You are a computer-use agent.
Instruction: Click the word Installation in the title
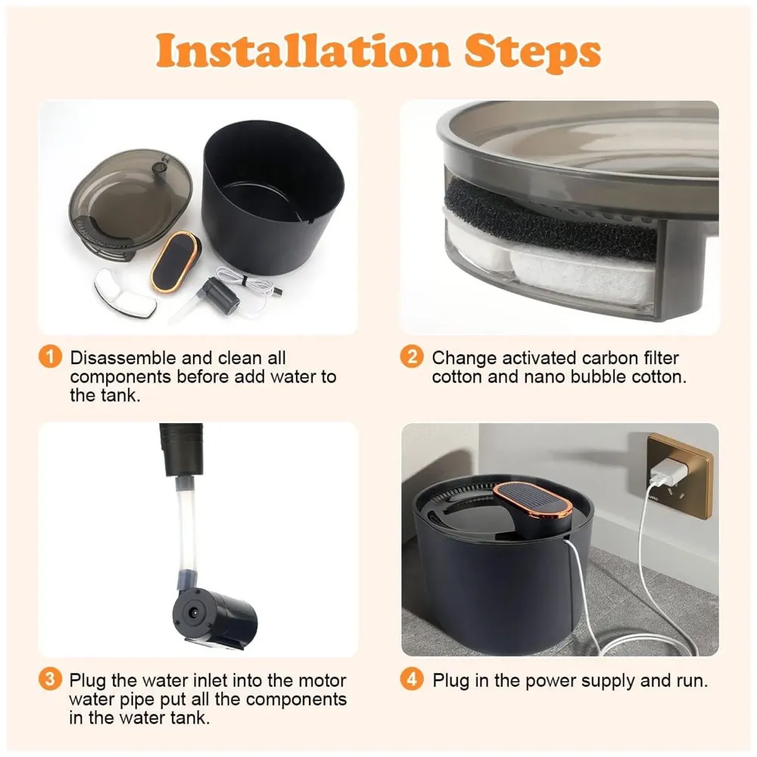click(x=304, y=50)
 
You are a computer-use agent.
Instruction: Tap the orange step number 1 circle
click(x=50, y=357)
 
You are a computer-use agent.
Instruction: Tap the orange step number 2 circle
click(x=412, y=357)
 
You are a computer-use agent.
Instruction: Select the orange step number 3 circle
click(x=50, y=679)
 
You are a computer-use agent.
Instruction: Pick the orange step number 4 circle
click(x=412, y=679)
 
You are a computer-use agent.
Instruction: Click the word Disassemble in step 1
click(x=123, y=358)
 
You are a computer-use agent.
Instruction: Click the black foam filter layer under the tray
click(x=550, y=217)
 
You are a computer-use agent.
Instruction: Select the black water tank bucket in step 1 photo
click(x=273, y=198)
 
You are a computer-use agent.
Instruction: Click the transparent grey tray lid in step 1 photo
click(x=129, y=198)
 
